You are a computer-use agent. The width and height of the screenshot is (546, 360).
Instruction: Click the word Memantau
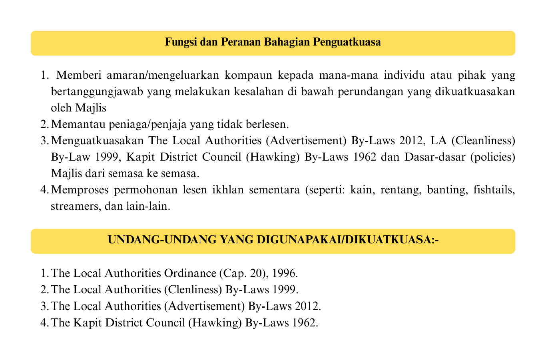click(78, 124)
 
